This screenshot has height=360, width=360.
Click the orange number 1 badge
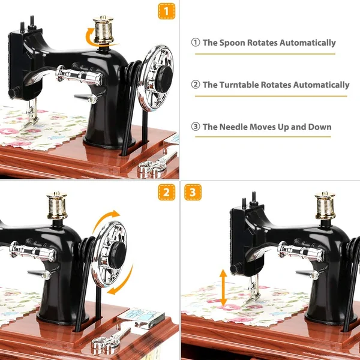pyautogui.click(x=167, y=11)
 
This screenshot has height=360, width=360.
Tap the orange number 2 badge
pyautogui.click(x=167, y=192)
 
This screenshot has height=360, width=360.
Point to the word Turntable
pyautogui.click(x=240, y=85)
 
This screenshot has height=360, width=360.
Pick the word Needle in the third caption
pyautogui.click(x=235, y=127)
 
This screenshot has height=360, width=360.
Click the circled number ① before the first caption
pyautogui.click(x=196, y=43)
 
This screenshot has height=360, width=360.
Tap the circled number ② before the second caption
pyautogui.click(x=196, y=85)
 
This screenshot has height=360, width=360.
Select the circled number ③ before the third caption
pyautogui.click(x=196, y=127)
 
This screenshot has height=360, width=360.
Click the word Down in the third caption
pyautogui.click(x=319, y=127)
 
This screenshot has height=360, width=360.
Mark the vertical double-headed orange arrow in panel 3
pyautogui.click(x=223, y=287)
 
